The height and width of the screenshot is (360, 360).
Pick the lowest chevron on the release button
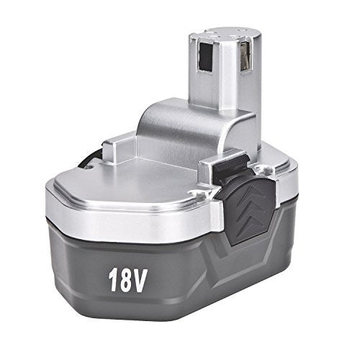click(253, 222)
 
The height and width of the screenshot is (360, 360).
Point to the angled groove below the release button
click(238, 252)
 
